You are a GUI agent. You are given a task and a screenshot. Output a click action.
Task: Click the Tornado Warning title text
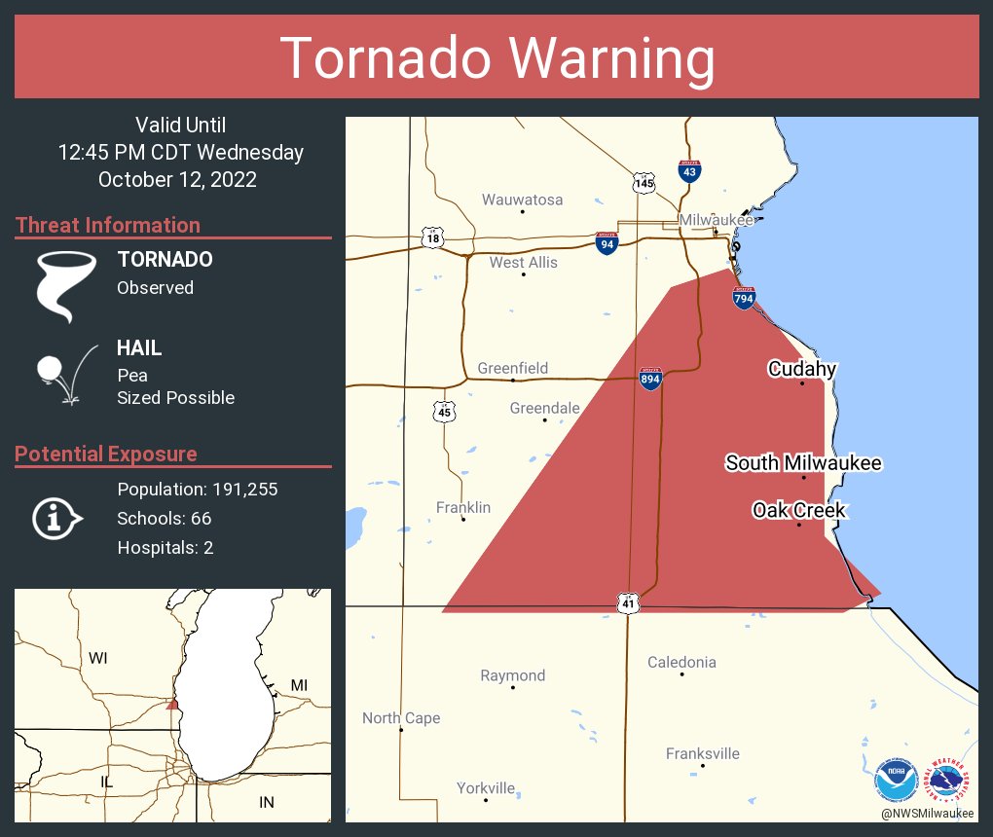(x=496, y=58)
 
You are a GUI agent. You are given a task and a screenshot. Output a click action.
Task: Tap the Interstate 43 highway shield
(x=689, y=171)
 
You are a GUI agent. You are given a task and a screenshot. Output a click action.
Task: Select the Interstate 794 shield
(x=744, y=298)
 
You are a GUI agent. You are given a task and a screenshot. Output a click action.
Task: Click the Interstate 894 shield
(x=650, y=379)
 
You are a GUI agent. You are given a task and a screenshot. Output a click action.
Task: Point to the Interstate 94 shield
(x=607, y=243)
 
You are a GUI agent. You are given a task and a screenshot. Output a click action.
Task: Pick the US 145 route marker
(x=644, y=182)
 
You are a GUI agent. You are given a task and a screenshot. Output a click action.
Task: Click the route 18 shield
(x=432, y=237)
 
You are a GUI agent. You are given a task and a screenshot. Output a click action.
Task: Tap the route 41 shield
(x=628, y=603)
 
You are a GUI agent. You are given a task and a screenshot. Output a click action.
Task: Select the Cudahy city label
(x=801, y=369)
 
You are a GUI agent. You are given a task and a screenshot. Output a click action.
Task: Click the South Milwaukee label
(x=803, y=462)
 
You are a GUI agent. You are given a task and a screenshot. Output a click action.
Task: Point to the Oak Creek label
(x=799, y=510)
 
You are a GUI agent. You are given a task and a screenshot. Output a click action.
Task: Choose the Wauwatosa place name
(x=522, y=200)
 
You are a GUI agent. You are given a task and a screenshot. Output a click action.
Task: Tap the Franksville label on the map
(x=702, y=753)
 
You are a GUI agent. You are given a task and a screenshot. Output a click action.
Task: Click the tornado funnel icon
(x=65, y=285)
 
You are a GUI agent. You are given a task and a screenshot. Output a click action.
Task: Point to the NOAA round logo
(x=895, y=779)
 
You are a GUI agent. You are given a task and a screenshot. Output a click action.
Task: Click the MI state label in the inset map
(x=299, y=685)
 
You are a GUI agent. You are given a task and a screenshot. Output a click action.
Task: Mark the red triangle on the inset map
(x=172, y=704)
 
